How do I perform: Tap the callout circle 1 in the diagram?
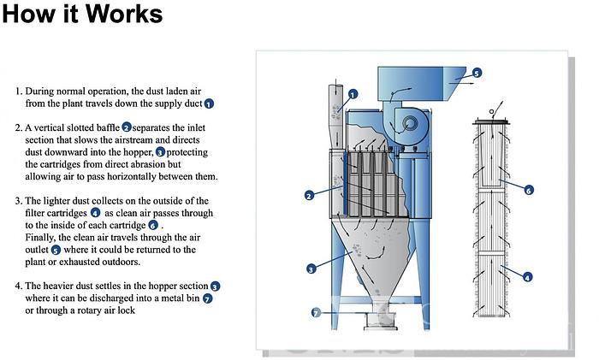tap(352, 95)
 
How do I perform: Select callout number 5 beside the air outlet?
tap(477, 74)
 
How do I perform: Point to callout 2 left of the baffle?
tap(310, 196)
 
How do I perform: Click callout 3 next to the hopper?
tap(311, 269)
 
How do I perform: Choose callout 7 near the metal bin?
tap(316, 313)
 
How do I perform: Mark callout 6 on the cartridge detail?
tap(528, 190)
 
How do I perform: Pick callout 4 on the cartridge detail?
tap(527, 277)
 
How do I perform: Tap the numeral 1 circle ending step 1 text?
tap(209, 103)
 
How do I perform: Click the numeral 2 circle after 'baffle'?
tap(126, 127)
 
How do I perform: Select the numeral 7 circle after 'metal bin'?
tap(207, 298)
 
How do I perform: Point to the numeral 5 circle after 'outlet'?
tap(56, 250)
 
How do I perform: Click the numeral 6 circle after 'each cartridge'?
tap(153, 225)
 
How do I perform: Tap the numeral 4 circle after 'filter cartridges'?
tap(95, 212)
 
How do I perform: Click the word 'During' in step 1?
tap(41, 91)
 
